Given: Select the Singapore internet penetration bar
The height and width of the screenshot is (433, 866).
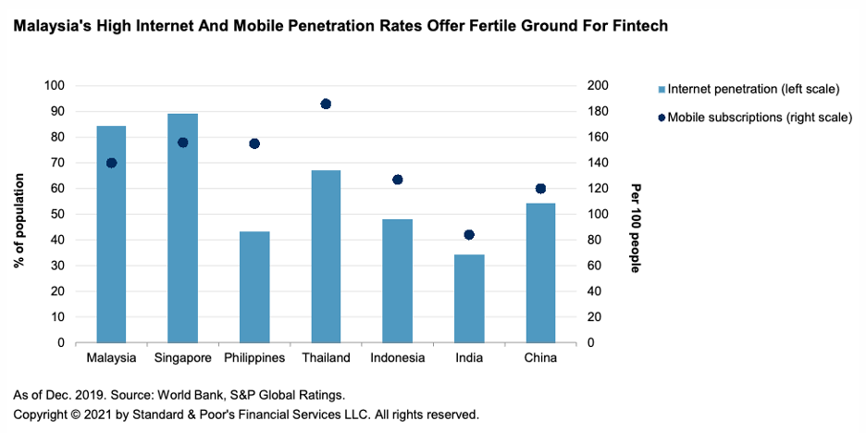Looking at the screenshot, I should pos(182,229).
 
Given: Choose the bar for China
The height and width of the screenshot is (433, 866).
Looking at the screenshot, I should pos(540,273).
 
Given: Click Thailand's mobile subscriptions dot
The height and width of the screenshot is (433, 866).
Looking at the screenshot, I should pos(326,104).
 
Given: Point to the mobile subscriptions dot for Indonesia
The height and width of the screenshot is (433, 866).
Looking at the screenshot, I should pos(398,179).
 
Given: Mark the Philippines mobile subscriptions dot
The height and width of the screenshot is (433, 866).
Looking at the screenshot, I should pos(254,143).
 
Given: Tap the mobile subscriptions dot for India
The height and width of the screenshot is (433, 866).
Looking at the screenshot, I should pos(469,235).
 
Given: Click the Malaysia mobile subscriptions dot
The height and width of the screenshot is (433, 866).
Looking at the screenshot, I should pos(111,163).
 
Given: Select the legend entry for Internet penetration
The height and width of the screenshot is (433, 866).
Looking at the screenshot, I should pos(747,90).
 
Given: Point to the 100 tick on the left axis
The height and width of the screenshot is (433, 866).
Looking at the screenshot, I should pos(55,86).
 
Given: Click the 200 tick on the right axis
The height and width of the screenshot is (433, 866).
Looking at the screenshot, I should pos(595,86).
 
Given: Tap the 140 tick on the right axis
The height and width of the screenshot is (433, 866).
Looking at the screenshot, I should pos(595,163).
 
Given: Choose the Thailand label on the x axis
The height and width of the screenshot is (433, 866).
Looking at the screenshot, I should pos(326,358).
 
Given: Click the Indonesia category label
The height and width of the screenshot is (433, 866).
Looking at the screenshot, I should pos(398,358).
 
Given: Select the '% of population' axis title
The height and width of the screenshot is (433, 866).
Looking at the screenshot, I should pos(19,214).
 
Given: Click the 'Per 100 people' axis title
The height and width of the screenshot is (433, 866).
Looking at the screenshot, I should pos(636,214).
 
